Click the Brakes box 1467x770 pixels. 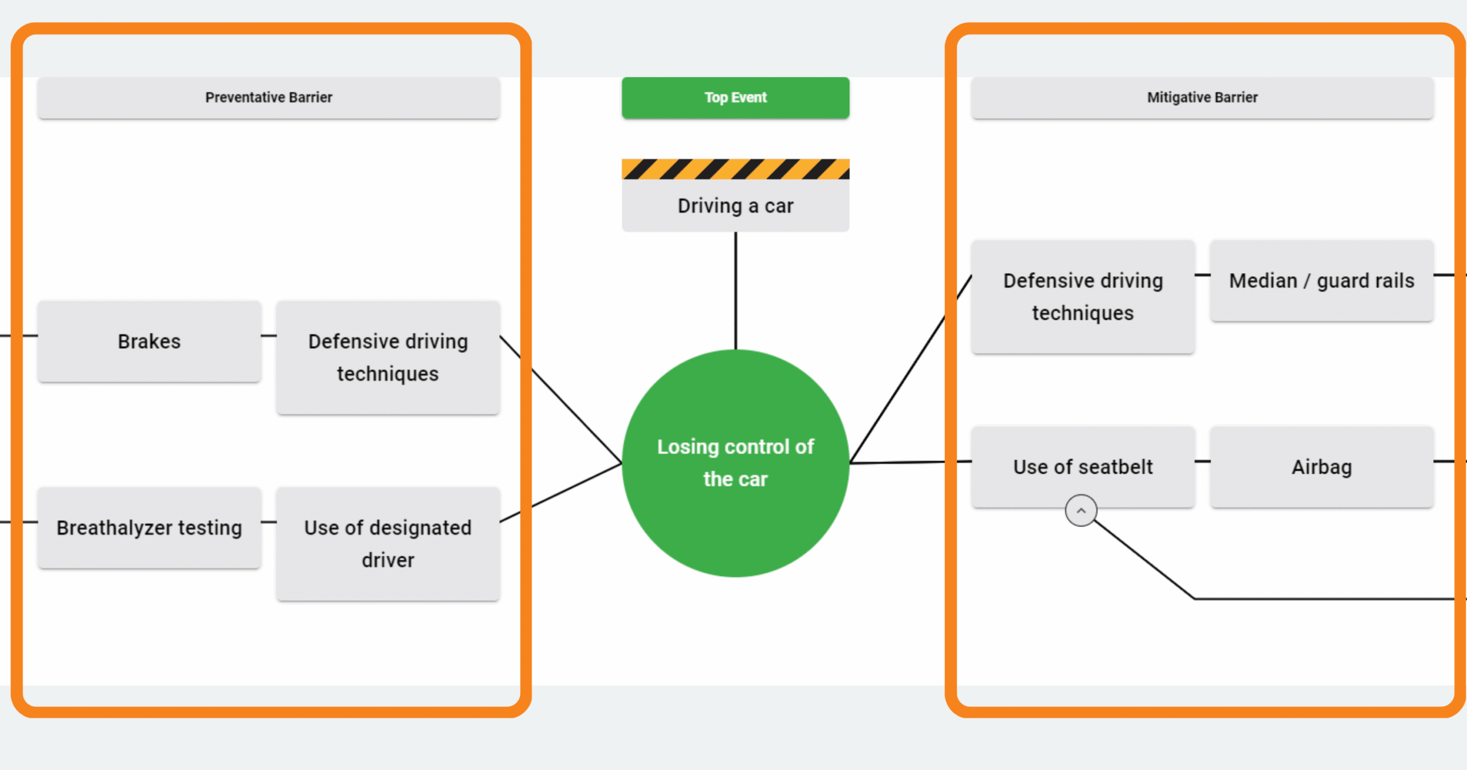[x=149, y=341]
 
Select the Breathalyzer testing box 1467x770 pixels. [x=149, y=528]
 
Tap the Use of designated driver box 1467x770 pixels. [x=388, y=543]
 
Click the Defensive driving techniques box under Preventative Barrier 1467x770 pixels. [x=388, y=357]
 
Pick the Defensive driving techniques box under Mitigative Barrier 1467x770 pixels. [x=1083, y=297]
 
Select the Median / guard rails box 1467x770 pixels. [x=1321, y=281]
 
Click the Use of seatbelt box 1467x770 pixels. [x=1083, y=466]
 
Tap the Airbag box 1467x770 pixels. [x=1321, y=466]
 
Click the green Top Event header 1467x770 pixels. [x=735, y=97]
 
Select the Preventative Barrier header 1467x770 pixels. [x=269, y=97]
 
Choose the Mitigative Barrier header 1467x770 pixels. [x=1202, y=97]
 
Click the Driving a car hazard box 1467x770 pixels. [x=735, y=206]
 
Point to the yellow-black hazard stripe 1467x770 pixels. [x=735, y=169]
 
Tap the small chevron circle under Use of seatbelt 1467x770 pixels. [x=1081, y=510]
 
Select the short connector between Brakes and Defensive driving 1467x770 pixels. [x=269, y=336]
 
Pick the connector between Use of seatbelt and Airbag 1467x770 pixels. [x=1202, y=461]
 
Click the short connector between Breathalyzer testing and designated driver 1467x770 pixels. [x=269, y=522]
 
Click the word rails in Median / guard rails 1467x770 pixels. [x=1394, y=281]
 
